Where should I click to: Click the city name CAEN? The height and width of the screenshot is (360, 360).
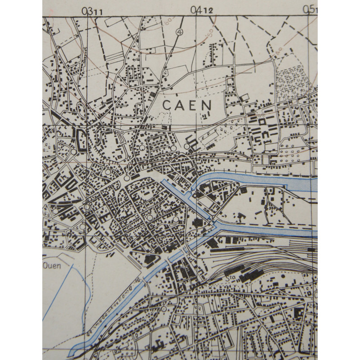(186, 105)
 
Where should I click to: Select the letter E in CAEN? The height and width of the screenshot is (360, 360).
(193, 105)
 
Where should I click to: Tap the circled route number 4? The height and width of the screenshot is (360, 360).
(180, 32)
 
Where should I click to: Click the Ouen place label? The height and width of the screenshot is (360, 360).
(51, 266)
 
